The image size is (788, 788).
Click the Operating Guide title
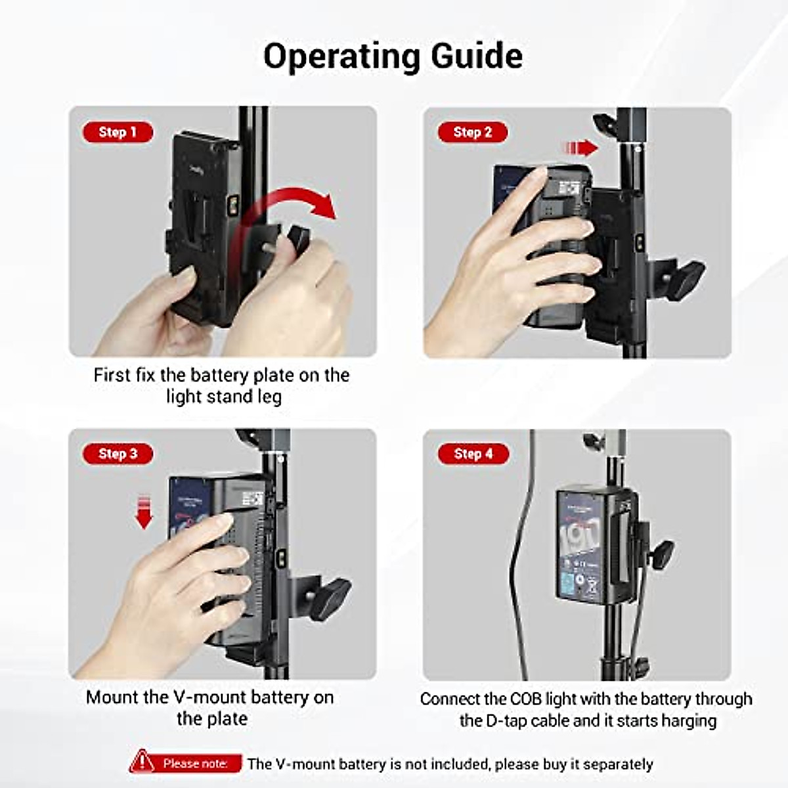pos(393,56)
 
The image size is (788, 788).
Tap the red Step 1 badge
pos(118,132)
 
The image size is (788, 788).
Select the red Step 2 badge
pos(473,132)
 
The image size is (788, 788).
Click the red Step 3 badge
pos(118,454)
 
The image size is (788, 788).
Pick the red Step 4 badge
pos(473,454)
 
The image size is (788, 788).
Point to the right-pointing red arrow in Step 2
pos(580,147)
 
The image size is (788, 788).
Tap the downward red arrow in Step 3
pos(144,513)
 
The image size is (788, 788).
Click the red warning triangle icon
pos(141,763)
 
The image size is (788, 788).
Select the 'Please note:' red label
pos(195,764)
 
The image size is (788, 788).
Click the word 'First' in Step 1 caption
pos(112,376)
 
